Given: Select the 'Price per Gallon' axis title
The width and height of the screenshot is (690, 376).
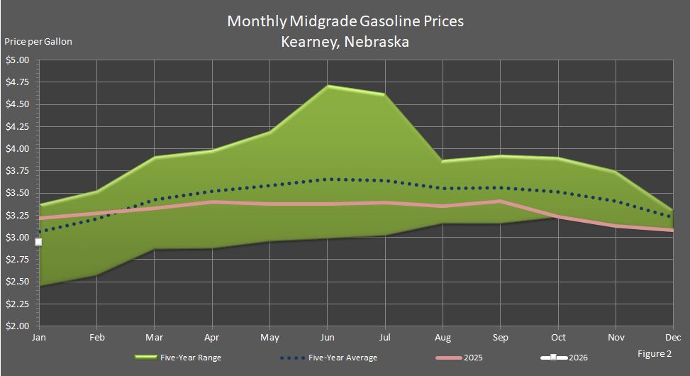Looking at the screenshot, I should (x=38, y=41).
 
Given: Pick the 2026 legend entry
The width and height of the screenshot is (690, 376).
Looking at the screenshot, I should (x=577, y=358).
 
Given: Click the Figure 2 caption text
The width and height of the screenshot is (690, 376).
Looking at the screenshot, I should (x=653, y=353).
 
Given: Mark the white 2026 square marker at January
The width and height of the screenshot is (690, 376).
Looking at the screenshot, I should (x=38, y=242).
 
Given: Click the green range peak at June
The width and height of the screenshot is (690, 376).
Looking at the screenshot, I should (x=328, y=86).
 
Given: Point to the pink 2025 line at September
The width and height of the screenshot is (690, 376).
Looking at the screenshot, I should (x=501, y=201).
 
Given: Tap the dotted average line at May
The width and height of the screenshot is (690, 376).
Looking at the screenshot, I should (x=269, y=186).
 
